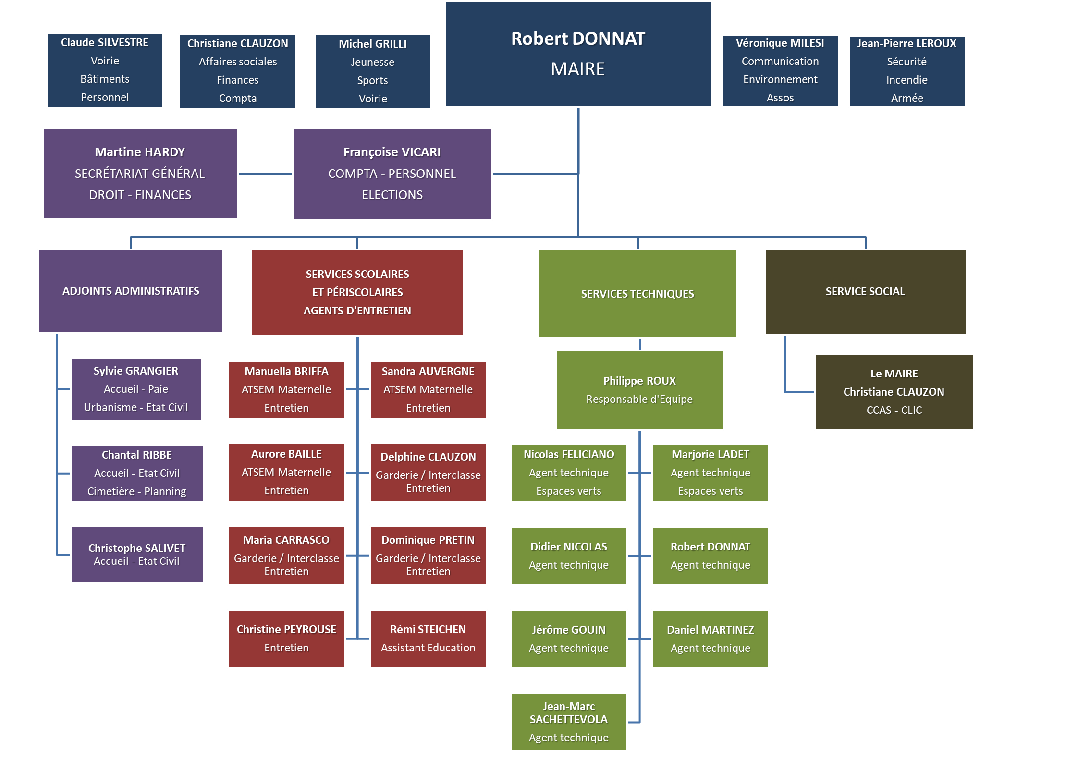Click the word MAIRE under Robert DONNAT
pyautogui.click(x=577, y=69)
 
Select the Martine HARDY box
pyautogui.click(x=140, y=174)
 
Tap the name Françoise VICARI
pyautogui.click(x=392, y=152)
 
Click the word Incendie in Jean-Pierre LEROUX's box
pyautogui.click(x=906, y=80)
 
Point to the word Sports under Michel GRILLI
pyautogui.click(x=372, y=80)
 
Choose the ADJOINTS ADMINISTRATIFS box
pyautogui.click(x=131, y=291)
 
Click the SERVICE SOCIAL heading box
pyautogui.click(x=865, y=292)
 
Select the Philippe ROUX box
pyautogui.click(x=639, y=390)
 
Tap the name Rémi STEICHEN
pyautogui.click(x=428, y=629)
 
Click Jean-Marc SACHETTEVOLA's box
pyautogui.click(x=568, y=722)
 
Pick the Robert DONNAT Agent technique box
pyautogui.click(x=710, y=556)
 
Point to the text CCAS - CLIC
pyautogui.click(x=894, y=410)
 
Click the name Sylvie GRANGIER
pyautogui.click(x=135, y=371)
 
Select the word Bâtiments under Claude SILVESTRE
pyautogui.click(x=105, y=79)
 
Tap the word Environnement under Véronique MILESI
pyautogui.click(x=780, y=79)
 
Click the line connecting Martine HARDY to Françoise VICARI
pyautogui.click(x=265, y=174)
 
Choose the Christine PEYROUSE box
pyautogui.click(x=286, y=638)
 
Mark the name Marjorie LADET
pyautogui.click(x=710, y=454)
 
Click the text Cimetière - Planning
pyautogui.click(x=136, y=491)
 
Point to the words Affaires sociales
pyautogui.click(x=238, y=62)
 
